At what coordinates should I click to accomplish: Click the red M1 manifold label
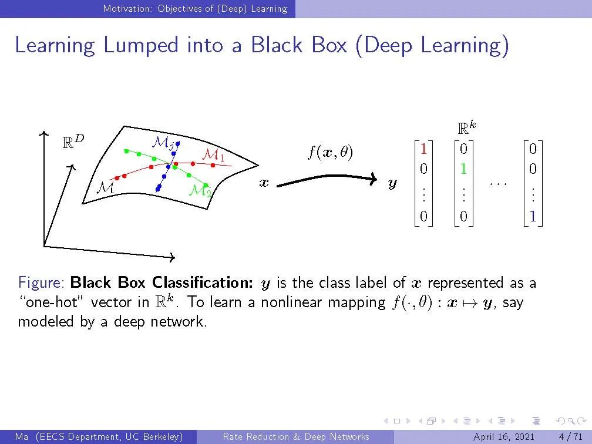pos(213,155)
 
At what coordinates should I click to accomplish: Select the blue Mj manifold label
pos(163,142)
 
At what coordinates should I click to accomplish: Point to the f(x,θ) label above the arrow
pos(330,153)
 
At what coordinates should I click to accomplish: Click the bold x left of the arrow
pos(264,183)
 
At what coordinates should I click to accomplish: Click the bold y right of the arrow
pos(392,184)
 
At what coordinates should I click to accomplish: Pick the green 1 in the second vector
pos(463,169)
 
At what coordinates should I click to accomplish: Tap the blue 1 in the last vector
pos(532,216)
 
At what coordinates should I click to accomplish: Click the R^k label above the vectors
pos(466,127)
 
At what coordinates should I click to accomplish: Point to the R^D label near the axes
pos(73,142)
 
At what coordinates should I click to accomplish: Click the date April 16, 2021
pos(504,436)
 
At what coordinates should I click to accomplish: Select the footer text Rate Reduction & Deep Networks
pos(296,436)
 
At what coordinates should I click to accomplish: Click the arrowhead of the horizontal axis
pos(173,257)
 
